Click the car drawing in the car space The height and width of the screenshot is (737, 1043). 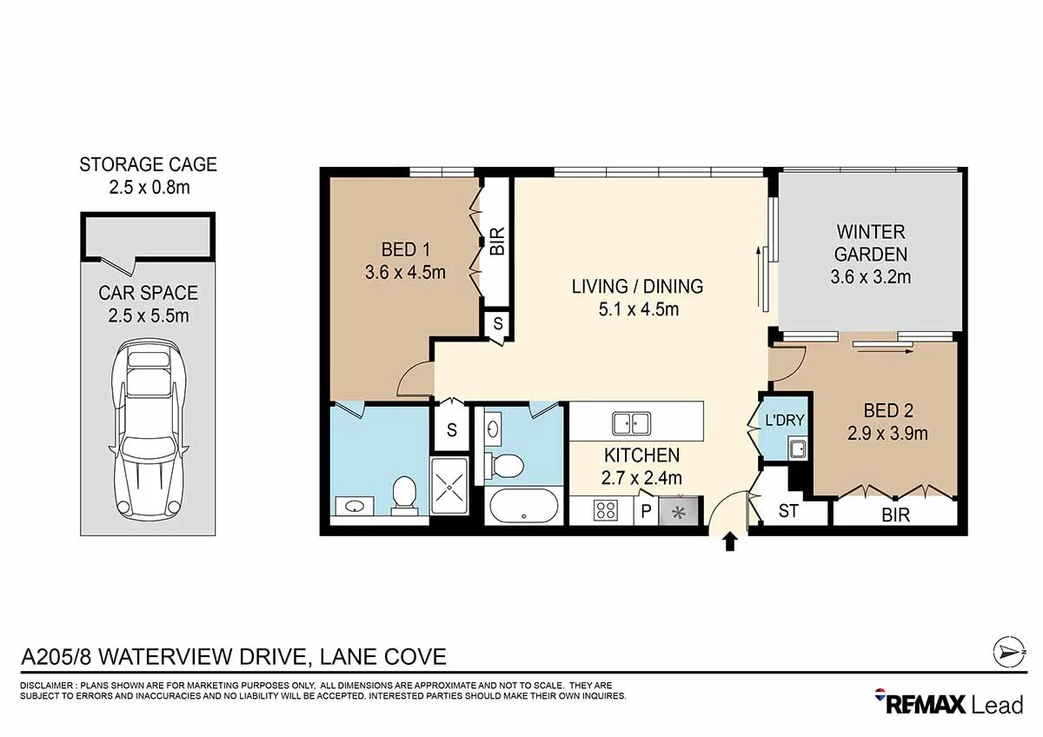click(149, 432)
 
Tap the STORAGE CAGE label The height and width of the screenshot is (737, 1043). click(148, 165)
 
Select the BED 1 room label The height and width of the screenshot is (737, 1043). click(405, 250)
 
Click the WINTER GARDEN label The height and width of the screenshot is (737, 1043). click(871, 243)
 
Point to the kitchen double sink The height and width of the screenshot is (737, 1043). click(631, 423)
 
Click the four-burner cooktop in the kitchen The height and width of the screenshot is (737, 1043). click(605, 510)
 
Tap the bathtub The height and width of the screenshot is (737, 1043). click(524, 506)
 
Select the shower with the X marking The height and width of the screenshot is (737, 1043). click(449, 486)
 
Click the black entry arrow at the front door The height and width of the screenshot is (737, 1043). click(729, 542)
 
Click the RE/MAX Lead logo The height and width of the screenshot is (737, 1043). click(949, 704)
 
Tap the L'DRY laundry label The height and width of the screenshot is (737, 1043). click(785, 421)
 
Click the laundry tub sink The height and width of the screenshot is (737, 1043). click(797, 448)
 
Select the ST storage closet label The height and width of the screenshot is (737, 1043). click(787, 511)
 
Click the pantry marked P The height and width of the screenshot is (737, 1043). click(646, 511)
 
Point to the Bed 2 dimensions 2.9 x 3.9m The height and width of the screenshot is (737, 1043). click(887, 434)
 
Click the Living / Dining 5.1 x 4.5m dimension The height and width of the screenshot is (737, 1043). click(638, 309)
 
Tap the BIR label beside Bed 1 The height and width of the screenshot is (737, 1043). click(497, 241)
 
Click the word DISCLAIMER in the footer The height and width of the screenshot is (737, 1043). click(46, 686)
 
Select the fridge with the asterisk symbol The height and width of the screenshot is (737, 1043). click(680, 511)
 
